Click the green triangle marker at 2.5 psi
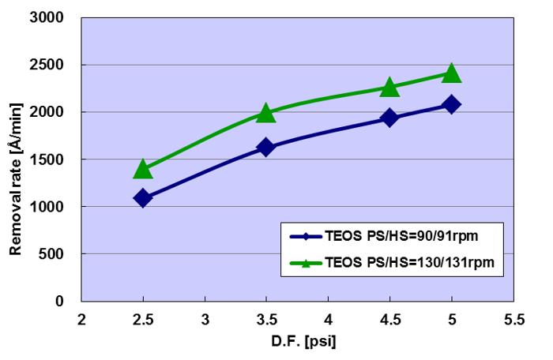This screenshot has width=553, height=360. click(143, 169)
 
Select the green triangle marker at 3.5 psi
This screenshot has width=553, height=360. click(266, 114)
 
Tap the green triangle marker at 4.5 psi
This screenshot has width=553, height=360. click(389, 88)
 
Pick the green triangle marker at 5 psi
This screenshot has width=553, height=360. click(451, 73)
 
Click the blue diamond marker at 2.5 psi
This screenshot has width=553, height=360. click(143, 198)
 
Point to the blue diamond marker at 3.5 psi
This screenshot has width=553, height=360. click(266, 148)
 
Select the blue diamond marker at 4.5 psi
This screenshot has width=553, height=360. click(389, 118)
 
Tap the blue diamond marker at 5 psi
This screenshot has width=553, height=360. click(451, 104)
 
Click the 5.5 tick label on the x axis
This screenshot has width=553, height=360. click(513, 320)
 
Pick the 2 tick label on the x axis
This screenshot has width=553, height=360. click(81, 320)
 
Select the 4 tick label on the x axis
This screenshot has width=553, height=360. click(328, 320)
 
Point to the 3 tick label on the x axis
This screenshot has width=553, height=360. click(205, 320)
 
